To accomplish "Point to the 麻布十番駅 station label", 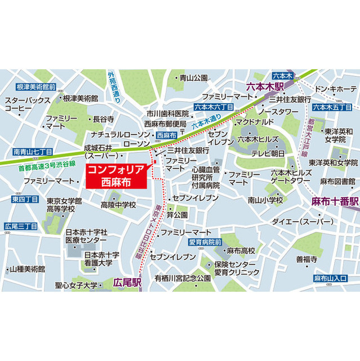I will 335,201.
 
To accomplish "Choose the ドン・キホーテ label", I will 336,89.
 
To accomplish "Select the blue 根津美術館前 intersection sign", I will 36,87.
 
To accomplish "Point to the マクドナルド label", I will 255,121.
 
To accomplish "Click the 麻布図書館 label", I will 336,181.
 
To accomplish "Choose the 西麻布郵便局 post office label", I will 165,124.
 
